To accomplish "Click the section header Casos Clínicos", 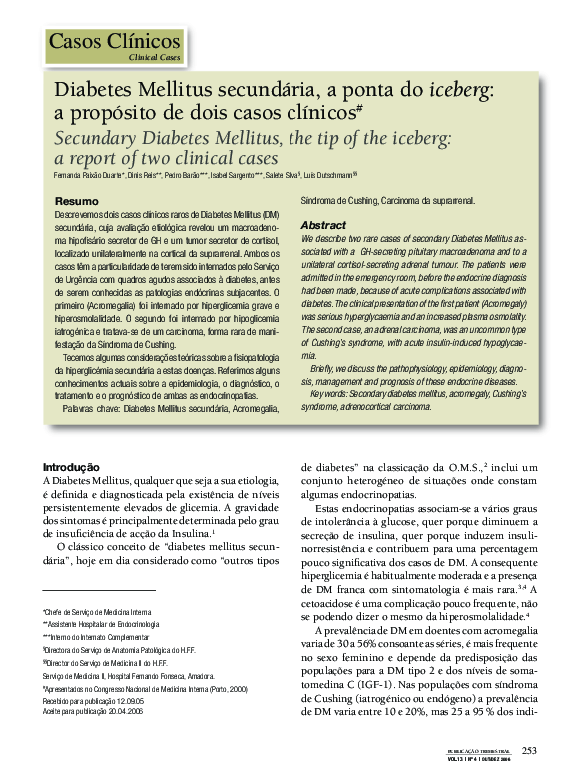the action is (x=115, y=42).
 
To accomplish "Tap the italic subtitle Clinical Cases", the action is (x=155, y=59).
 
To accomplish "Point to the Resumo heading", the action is (x=76, y=202).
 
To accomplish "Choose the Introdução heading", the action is (x=70, y=467).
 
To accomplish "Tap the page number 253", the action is (x=529, y=751).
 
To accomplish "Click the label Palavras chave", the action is (x=91, y=409).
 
